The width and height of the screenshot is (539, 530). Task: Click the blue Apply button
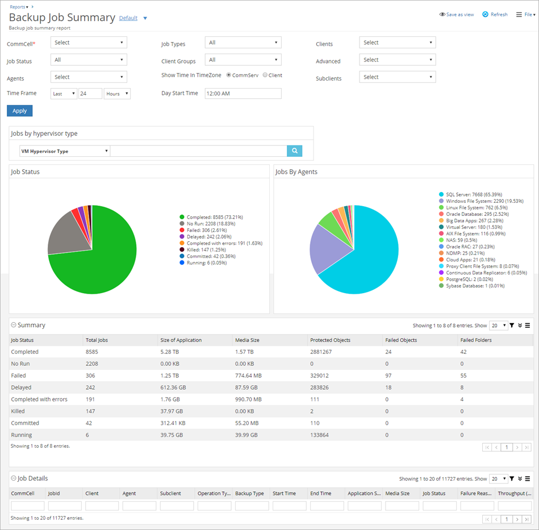[19, 111]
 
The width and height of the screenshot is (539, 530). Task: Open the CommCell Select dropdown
[89, 43]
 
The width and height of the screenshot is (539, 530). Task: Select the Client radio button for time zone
[265, 75]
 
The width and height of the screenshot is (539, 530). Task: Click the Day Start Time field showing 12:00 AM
[243, 93]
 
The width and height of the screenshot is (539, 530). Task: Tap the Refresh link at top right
[495, 15]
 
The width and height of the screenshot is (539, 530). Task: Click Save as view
[457, 15]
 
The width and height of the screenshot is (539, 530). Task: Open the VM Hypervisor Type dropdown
[64, 151]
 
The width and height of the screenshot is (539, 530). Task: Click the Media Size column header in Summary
[247, 340]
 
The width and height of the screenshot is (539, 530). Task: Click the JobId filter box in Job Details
[65, 506]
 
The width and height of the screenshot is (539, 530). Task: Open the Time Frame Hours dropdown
[117, 94]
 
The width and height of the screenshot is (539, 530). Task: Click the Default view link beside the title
[128, 18]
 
